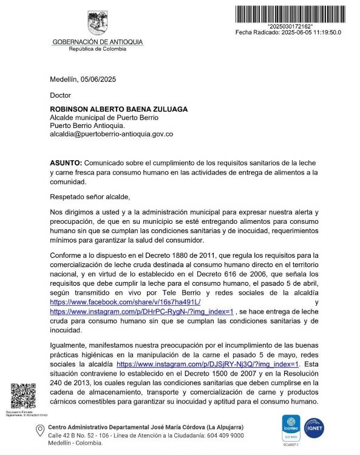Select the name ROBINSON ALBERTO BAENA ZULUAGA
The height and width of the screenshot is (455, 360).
(x=118, y=109)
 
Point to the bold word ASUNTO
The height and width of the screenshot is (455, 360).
(x=66, y=164)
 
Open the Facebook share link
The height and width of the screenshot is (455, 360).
(x=125, y=302)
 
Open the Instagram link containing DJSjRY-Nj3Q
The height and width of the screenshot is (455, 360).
(x=208, y=364)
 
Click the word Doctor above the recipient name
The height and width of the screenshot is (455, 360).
(x=60, y=95)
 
